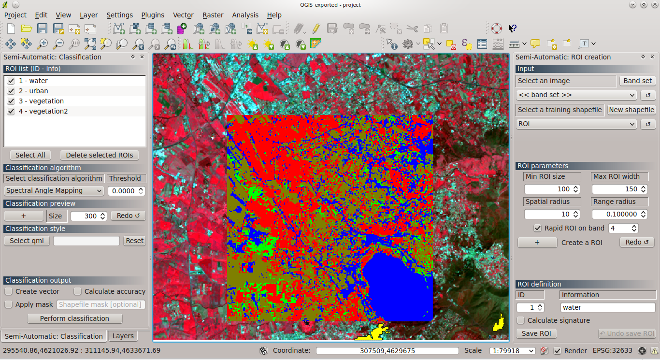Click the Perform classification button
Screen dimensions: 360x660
(x=74, y=318)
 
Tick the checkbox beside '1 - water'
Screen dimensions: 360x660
(x=11, y=81)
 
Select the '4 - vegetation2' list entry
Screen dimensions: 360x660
(x=43, y=111)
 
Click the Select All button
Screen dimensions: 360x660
(x=30, y=155)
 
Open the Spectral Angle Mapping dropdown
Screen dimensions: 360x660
(x=54, y=191)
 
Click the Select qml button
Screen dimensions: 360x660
(x=27, y=241)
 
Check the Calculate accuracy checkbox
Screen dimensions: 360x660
(x=78, y=291)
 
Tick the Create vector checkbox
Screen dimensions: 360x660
(x=9, y=291)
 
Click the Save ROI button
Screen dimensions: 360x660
(x=536, y=333)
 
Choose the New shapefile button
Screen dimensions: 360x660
(x=631, y=110)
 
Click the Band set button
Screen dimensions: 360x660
(x=637, y=81)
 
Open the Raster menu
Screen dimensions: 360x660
(x=213, y=15)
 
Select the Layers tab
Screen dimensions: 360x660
(x=123, y=336)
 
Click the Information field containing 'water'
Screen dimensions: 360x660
(x=607, y=307)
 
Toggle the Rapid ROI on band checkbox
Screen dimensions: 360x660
(x=537, y=228)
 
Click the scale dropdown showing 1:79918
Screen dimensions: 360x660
(x=512, y=351)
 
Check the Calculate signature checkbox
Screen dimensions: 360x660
(x=520, y=320)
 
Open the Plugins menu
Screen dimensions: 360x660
(x=153, y=15)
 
